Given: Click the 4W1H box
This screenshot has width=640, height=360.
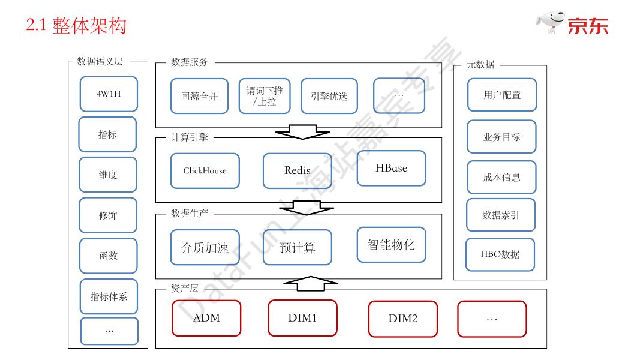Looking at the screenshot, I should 109,94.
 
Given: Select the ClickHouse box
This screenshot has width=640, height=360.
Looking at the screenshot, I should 205,171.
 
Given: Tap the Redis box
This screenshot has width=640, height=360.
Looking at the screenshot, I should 297,171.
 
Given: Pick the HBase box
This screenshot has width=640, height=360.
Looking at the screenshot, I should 391,169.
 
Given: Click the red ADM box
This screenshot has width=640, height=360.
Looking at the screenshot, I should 206,318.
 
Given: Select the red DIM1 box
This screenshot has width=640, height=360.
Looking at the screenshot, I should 302,318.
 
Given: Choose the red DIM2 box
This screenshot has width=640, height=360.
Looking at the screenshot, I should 402,319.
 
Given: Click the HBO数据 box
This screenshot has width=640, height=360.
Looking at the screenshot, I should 500,254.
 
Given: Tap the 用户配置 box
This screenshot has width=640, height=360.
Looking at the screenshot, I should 501,95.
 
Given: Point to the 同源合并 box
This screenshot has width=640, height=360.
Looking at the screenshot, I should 199,96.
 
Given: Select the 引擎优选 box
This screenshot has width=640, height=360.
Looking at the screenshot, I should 329,96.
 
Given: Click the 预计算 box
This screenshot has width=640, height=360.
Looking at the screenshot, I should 297,247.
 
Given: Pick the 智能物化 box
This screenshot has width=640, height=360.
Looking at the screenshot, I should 391,245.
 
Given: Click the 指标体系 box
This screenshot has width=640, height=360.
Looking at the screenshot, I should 109,296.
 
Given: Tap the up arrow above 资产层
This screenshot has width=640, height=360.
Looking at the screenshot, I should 310,283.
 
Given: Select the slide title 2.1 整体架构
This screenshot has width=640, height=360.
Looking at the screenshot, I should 76,26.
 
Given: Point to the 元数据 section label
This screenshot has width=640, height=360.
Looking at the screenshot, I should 480,65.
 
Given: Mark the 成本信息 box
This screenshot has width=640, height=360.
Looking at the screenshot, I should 501,178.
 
